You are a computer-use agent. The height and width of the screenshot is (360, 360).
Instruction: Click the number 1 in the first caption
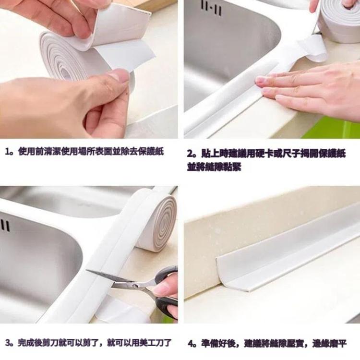[8, 152]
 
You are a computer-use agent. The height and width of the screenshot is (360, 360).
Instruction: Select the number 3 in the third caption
[8, 343]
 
